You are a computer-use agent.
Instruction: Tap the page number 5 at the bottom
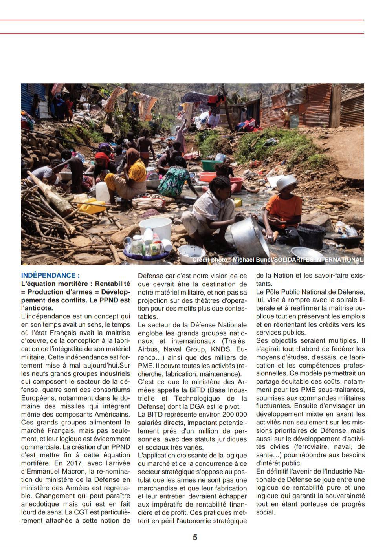click(x=195, y=537)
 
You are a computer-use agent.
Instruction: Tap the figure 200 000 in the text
click(x=235, y=414)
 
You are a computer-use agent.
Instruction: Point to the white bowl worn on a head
click(x=287, y=181)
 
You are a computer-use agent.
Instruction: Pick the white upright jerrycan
click(x=103, y=191)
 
